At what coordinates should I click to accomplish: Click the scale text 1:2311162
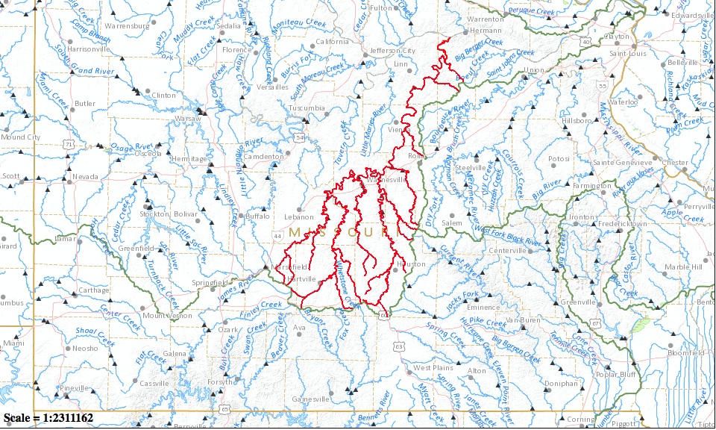point(48,418)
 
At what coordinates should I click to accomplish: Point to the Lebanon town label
point(300,217)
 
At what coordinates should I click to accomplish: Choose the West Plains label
point(433,368)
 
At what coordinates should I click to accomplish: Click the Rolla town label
point(416,155)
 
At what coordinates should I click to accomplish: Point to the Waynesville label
point(385,179)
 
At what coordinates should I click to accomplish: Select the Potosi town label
point(559,159)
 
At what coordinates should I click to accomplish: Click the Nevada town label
point(86,177)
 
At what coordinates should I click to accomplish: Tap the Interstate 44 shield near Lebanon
point(277,236)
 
